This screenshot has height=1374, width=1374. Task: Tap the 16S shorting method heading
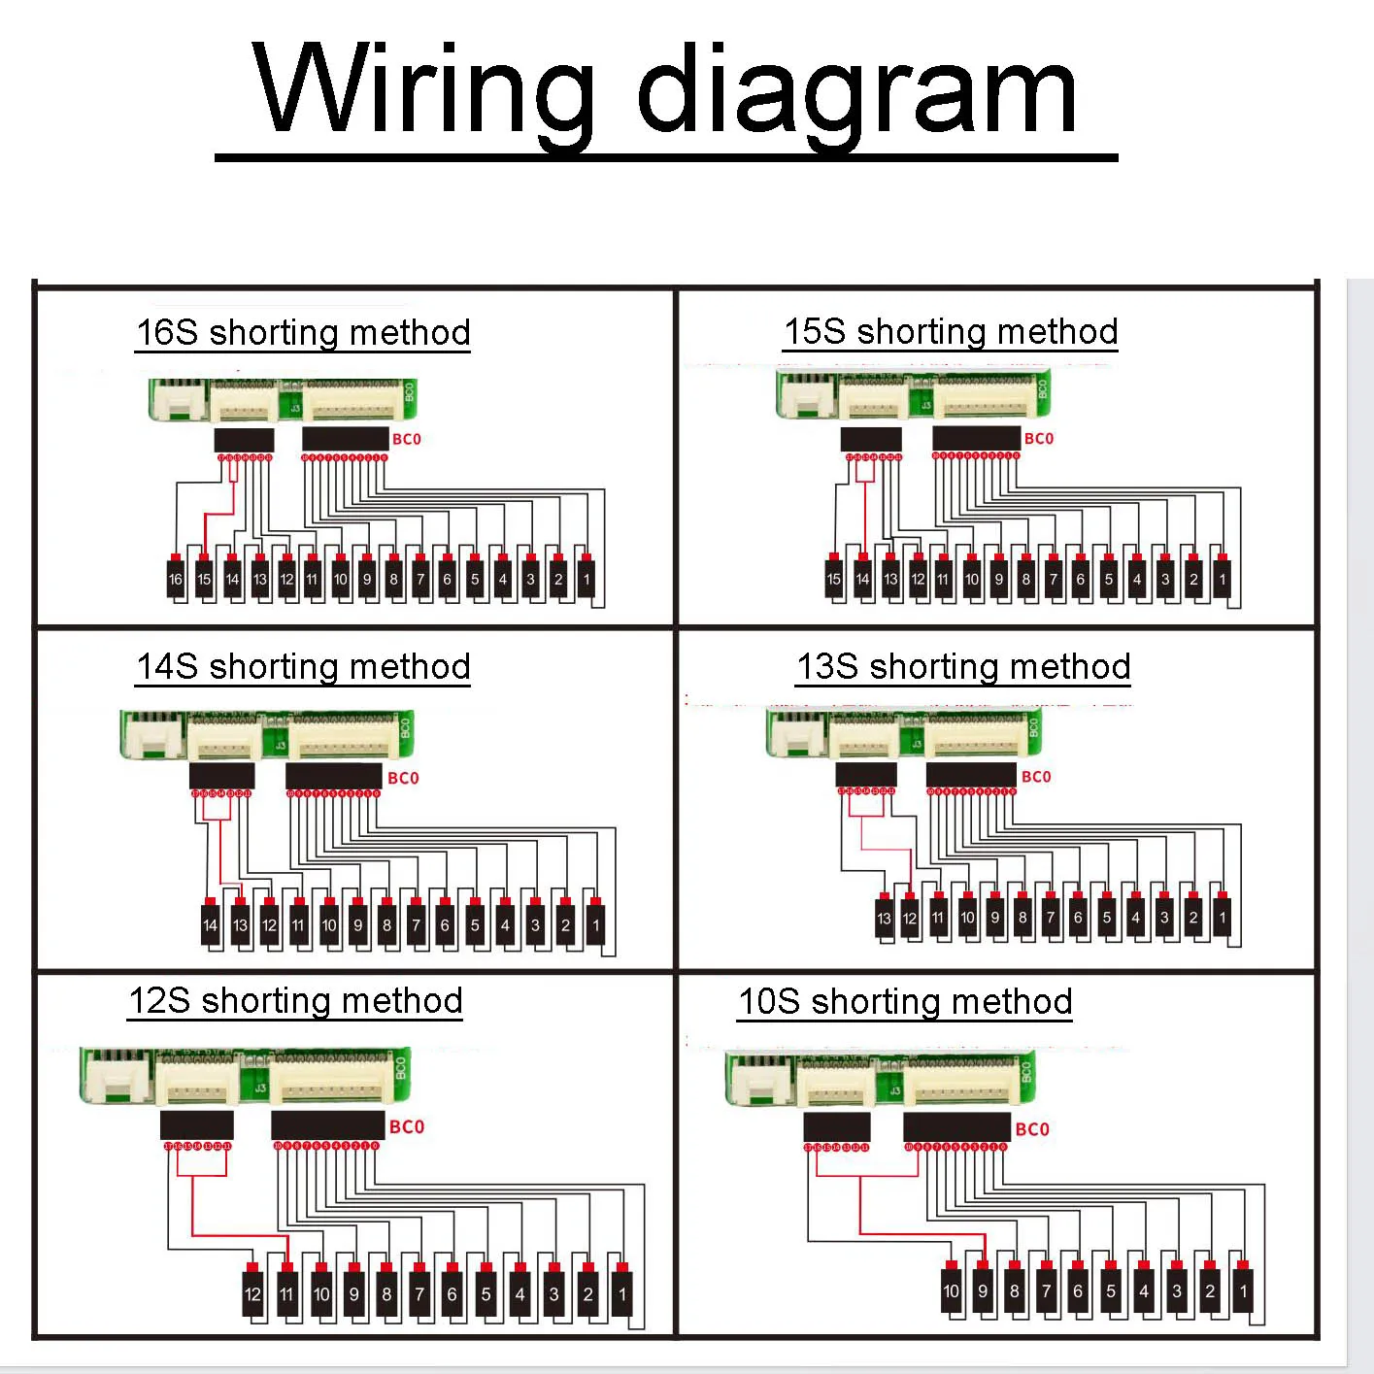point(303,332)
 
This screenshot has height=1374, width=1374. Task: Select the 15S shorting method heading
point(951,331)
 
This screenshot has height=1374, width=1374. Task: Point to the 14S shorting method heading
point(303,666)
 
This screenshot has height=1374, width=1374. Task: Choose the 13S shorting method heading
point(963,666)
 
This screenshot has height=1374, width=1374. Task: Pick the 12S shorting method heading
point(295,1000)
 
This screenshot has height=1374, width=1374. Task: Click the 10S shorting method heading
point(905,1001)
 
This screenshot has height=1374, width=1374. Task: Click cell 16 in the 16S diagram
point(175,579)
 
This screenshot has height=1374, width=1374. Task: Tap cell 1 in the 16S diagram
point(586,579)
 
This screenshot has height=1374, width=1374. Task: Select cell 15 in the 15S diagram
point(833,579)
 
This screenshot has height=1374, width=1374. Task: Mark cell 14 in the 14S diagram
point(210,924)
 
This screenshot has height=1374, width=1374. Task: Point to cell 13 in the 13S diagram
point(884,918)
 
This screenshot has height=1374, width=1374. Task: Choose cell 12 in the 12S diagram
point(252,1293)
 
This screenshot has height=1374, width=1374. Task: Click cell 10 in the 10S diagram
point(951,1291)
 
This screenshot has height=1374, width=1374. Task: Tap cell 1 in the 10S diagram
point(1243,1291)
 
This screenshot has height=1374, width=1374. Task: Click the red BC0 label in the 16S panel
point(407,439)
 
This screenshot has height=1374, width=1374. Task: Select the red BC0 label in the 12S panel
point(407,1126)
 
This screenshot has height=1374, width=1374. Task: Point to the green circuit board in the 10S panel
point(880,1079)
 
